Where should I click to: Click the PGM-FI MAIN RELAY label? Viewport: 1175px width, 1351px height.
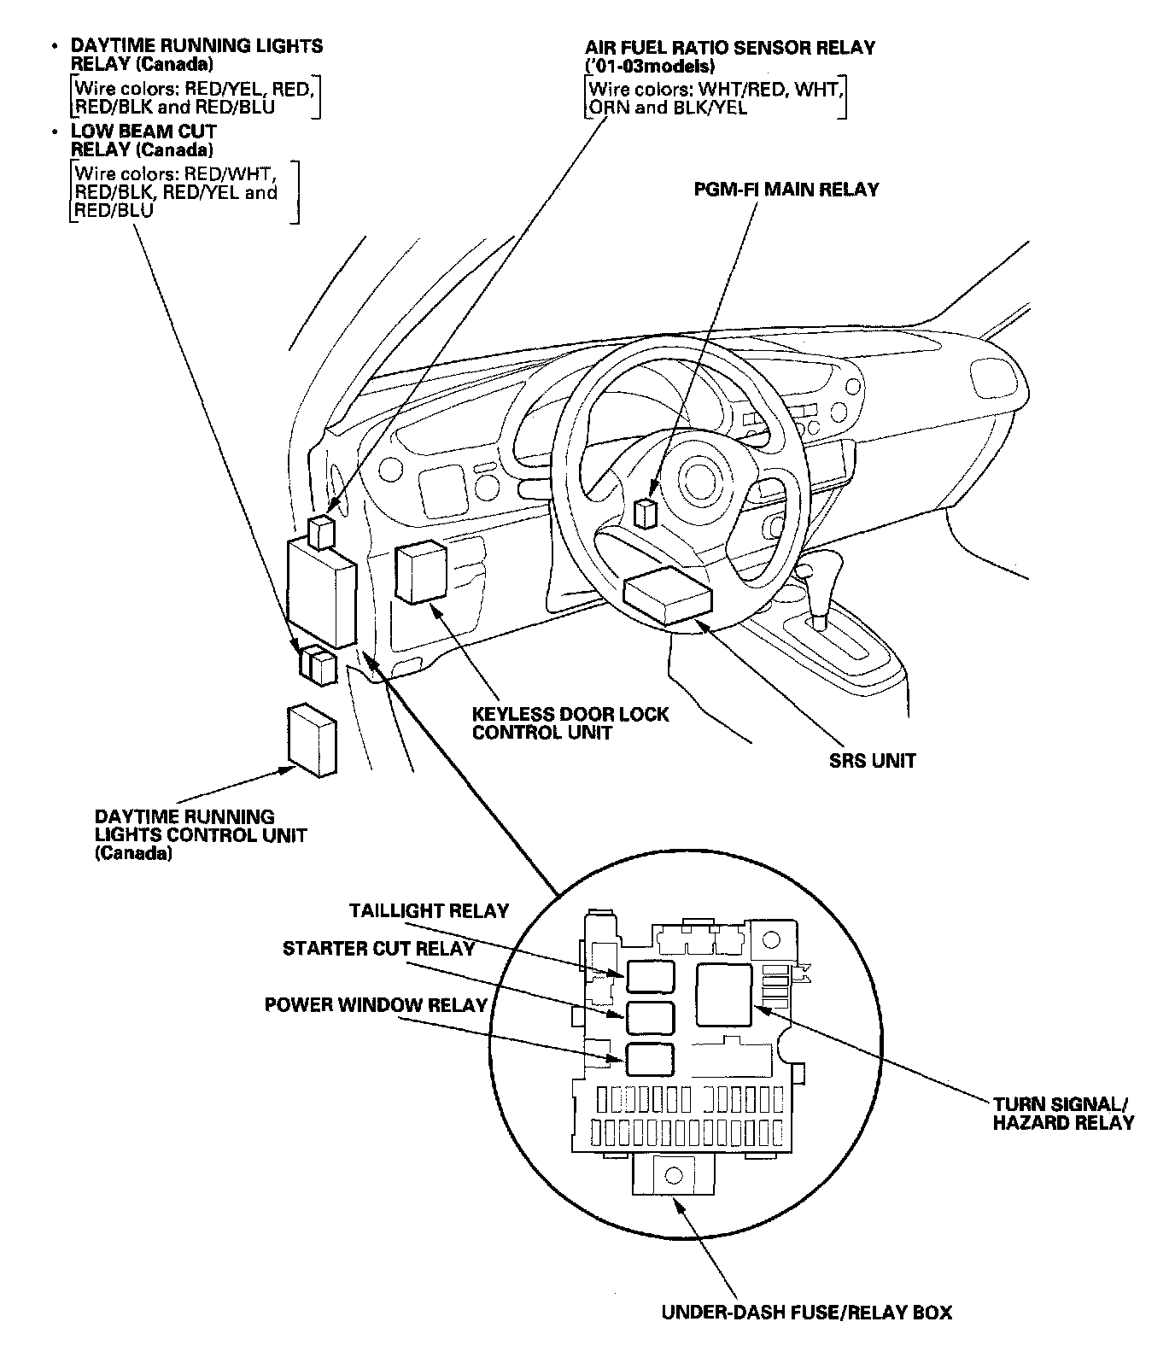click(x=786, y=190)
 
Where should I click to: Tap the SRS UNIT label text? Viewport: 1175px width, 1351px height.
click(x=872, y=760)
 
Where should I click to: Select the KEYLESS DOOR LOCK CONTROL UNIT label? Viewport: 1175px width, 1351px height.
click(x=570, y=723)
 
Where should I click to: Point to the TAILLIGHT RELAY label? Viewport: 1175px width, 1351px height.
click(x=429, y=911)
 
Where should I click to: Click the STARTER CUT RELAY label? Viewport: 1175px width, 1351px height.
click(x=378, y=949)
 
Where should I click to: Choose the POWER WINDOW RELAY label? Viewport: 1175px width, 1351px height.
click(x=375, y=1004)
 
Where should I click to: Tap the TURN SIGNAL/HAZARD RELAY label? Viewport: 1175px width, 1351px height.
click(x=1063, y=1113)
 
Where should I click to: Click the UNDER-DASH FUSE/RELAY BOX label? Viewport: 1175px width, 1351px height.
click(x=806, y=1312)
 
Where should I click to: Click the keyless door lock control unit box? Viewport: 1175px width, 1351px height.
click(x=420, y=573)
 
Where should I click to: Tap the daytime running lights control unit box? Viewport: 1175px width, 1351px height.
click(x=312, y=740)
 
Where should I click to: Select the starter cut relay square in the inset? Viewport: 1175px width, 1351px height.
click(x=649, y=1016)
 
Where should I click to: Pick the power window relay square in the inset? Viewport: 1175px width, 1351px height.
click(x=649, y=1059)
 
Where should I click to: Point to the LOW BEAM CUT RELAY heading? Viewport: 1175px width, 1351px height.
click(x=143, y=141)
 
